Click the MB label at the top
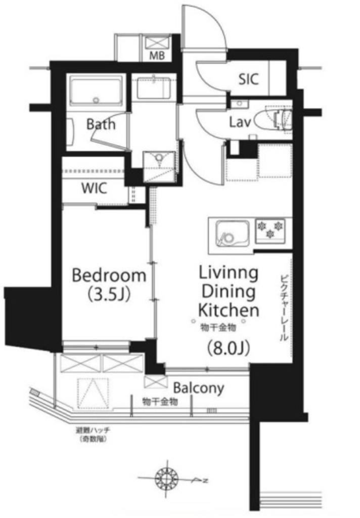(x=156, y=55)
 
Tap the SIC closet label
(x=248, y=79)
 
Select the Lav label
(x=241, y=122)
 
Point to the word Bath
(x=100, y=124)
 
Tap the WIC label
(x=94, y=189)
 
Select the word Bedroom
(x=109, y=276)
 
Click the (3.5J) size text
(x=109, y=294)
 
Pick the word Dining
(x=228, y=292)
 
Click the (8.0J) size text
(x=228, y=349)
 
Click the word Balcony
(x=198, y=388)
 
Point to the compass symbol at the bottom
(x=166, y=477)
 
